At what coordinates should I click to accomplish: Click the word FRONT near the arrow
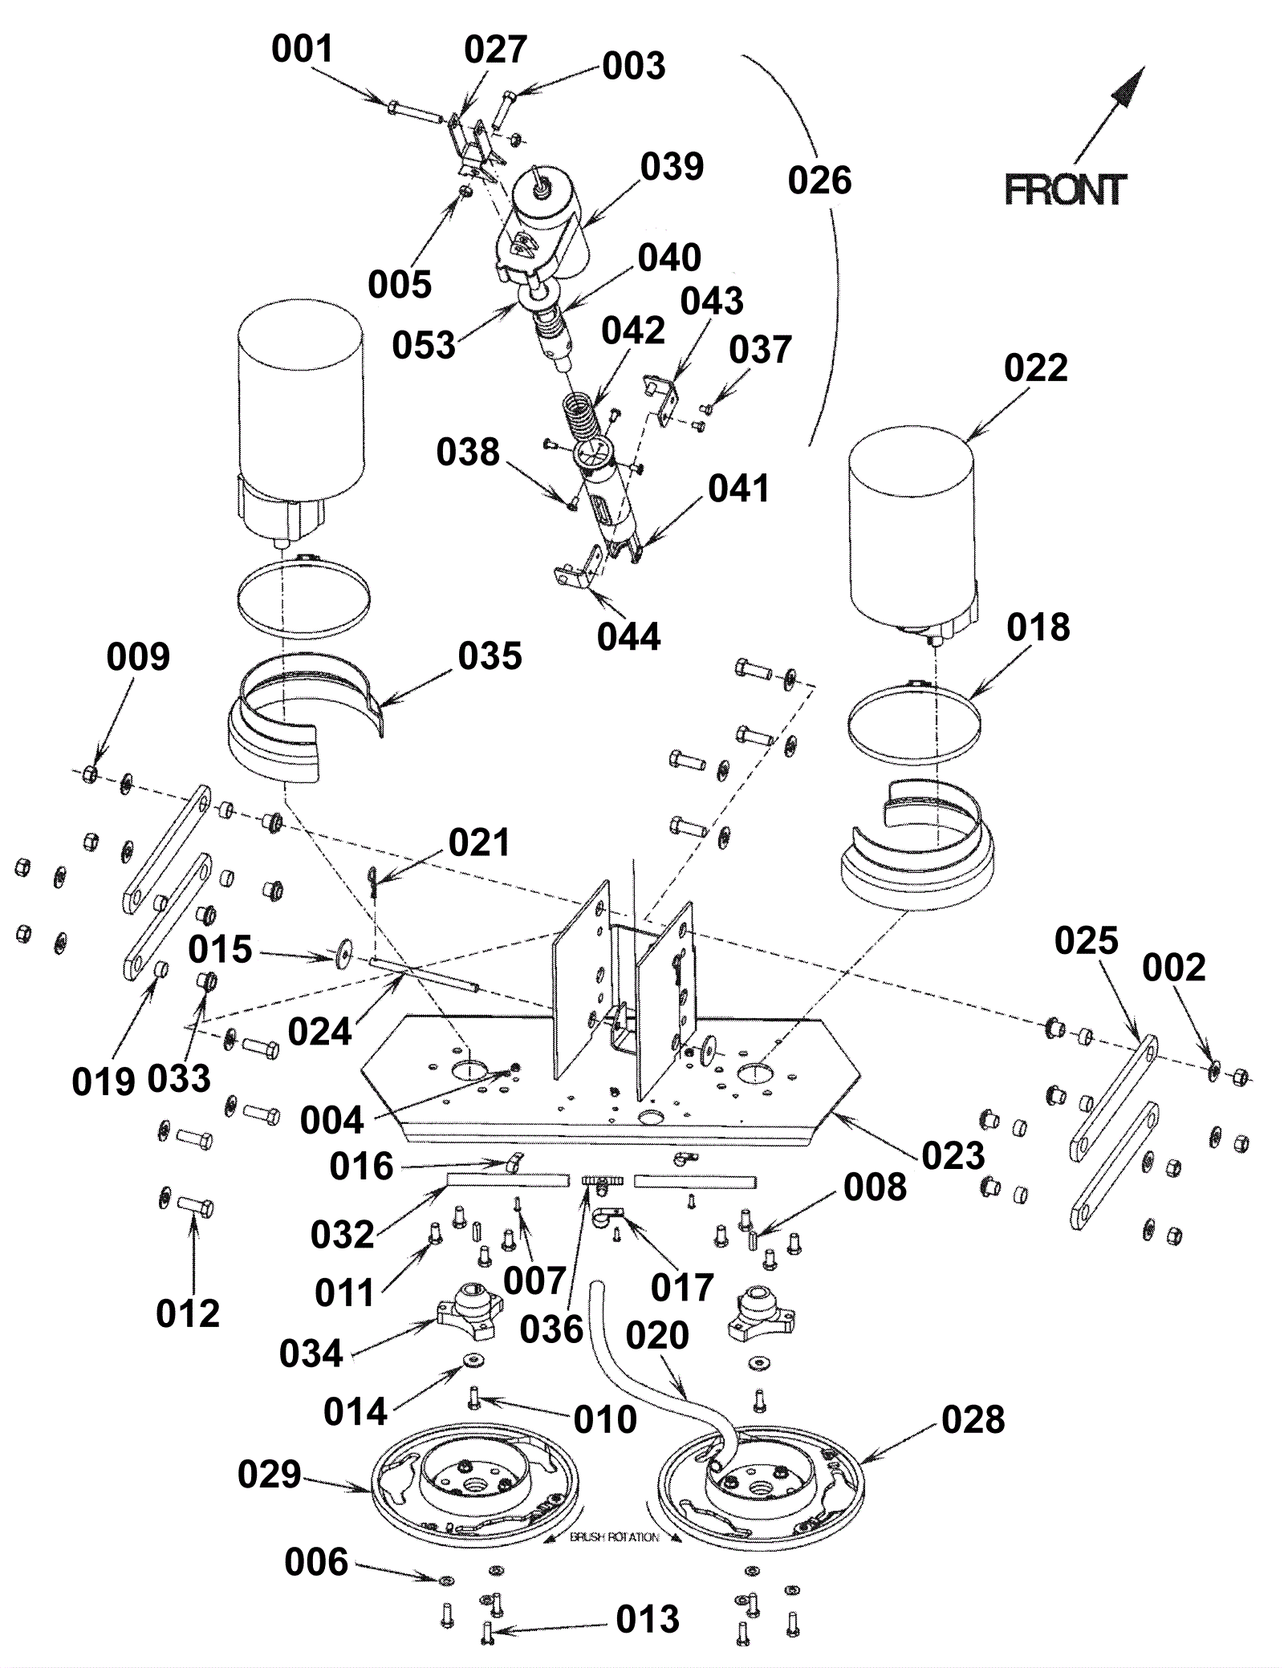[1065, 190]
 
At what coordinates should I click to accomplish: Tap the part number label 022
[1035, 368]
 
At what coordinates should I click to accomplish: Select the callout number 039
[672, 167]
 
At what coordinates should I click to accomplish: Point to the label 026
[819, 181]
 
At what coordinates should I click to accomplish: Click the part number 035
[490, 656]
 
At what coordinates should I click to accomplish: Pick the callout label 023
[953, 1156]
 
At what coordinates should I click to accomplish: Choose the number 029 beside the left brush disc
[269, 1475]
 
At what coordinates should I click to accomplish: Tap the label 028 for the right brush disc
[973, 1420]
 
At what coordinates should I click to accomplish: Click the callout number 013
[648, 1620]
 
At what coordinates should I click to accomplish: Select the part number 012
[187, 1314]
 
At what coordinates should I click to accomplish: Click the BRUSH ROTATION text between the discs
[614, 1538]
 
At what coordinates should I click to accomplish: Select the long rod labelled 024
[425, 972]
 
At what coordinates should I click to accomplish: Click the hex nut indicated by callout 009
[90, 774]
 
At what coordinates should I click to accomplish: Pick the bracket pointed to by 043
[662, 399]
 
